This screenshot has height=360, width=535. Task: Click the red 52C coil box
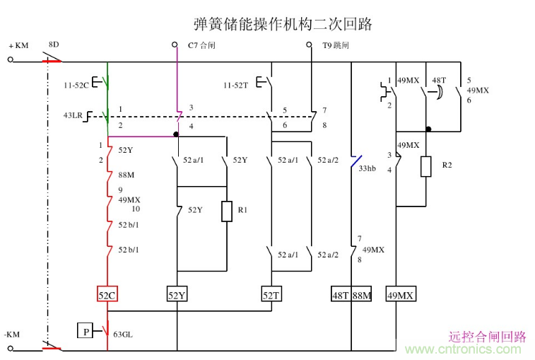(107, 295)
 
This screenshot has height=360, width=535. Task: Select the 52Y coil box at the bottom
(177, 295)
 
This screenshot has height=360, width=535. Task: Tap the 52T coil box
(271, 295)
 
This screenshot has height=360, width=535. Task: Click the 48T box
(341, 295)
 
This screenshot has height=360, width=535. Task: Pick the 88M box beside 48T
(362, 295)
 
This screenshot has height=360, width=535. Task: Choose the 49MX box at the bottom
(400, 295)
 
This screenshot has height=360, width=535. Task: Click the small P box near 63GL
(85, 330)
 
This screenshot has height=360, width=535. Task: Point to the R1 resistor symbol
(226, 211)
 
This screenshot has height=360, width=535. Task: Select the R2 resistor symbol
(426, 166)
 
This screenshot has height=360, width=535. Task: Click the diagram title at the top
(283, 24)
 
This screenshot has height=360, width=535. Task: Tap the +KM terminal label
(18, 46)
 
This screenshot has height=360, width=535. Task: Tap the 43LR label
(72, 115)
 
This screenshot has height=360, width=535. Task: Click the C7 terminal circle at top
(176, 45)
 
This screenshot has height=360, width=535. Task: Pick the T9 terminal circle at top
(310, 45)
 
